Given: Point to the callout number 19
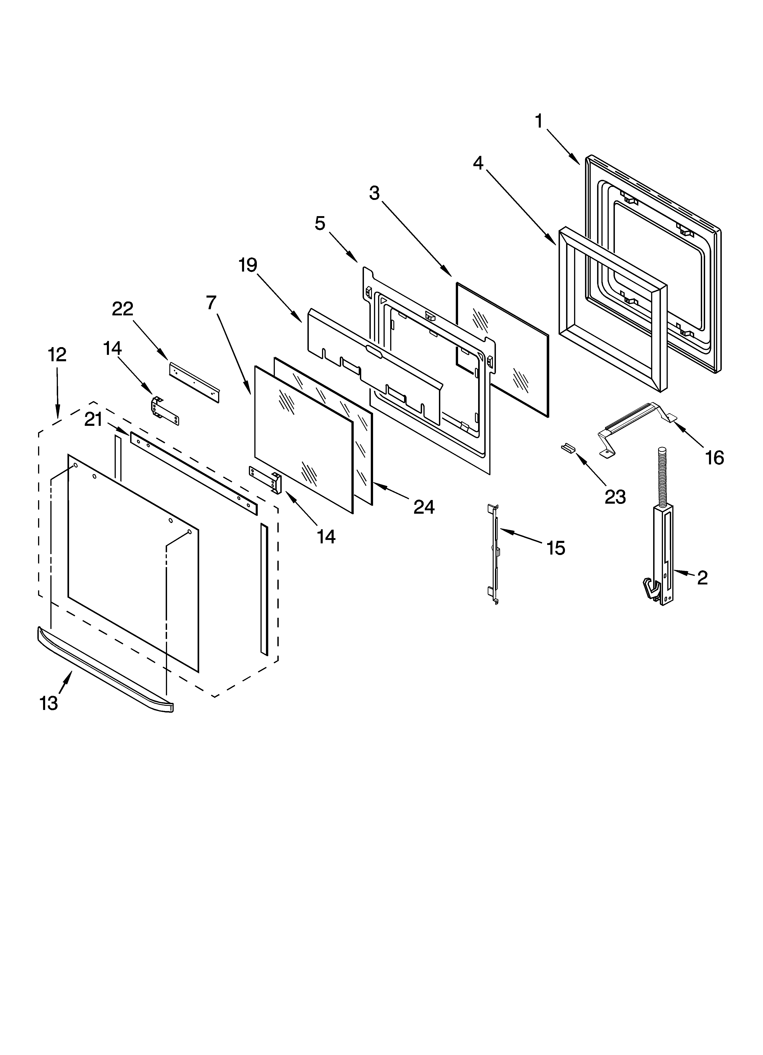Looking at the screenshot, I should coord(248,265).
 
